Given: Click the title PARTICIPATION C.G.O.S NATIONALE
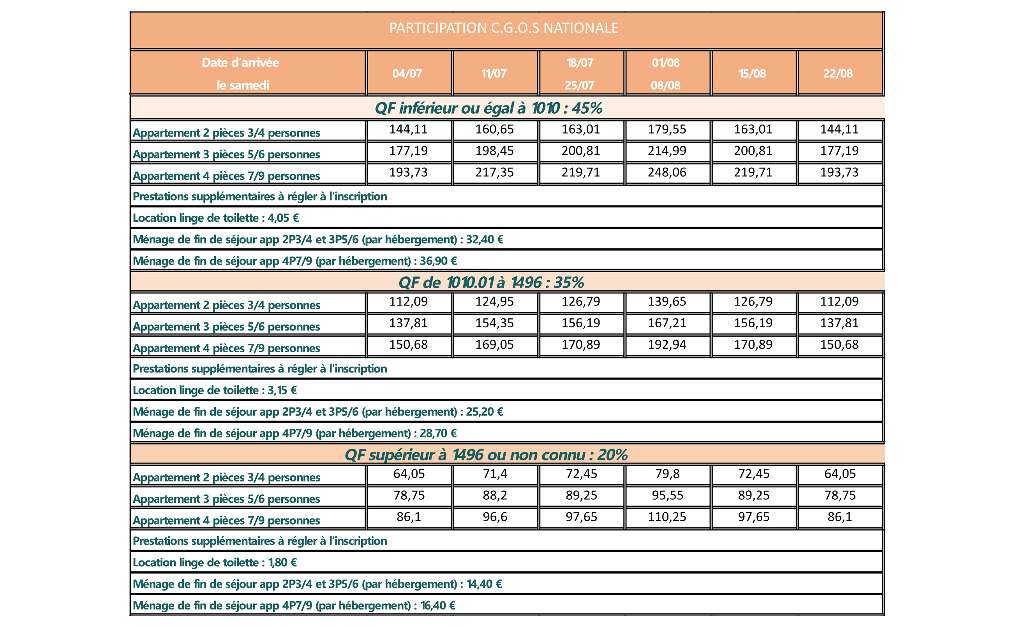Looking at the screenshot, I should [x=503, y=28].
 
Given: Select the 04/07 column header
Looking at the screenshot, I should [x=407, y=74].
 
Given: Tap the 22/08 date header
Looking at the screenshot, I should [x=838, y=74].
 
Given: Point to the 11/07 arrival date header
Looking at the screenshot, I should [x=494, y=74].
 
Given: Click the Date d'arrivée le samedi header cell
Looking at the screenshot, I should [x=242, y=74].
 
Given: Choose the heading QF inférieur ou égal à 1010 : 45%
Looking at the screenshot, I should [x=488, y=108].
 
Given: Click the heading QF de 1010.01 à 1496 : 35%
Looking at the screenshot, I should [x=491, y=283].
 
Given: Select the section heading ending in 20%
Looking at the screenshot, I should [x=486, y=455].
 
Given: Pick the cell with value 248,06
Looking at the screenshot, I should [x=667, y=172].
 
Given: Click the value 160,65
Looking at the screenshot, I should [x=494, y=129].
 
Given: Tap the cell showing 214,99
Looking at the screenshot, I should [x=667, y=151].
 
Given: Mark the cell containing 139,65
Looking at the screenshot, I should [x=667, y=302].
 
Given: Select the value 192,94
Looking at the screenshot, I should [x=667, y=344].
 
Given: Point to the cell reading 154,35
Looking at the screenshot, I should [x=494, y=323].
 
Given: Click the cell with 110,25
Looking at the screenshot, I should [x=667, y=517].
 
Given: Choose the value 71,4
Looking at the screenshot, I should [x=494, y=474].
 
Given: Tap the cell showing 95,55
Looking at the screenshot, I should [x=667, y=495].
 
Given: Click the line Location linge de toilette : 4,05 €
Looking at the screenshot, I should [x=215, y=218].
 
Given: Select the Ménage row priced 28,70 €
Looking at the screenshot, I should [x=294, y=433].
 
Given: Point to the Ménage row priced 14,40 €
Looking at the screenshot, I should [x=317, y=584].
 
